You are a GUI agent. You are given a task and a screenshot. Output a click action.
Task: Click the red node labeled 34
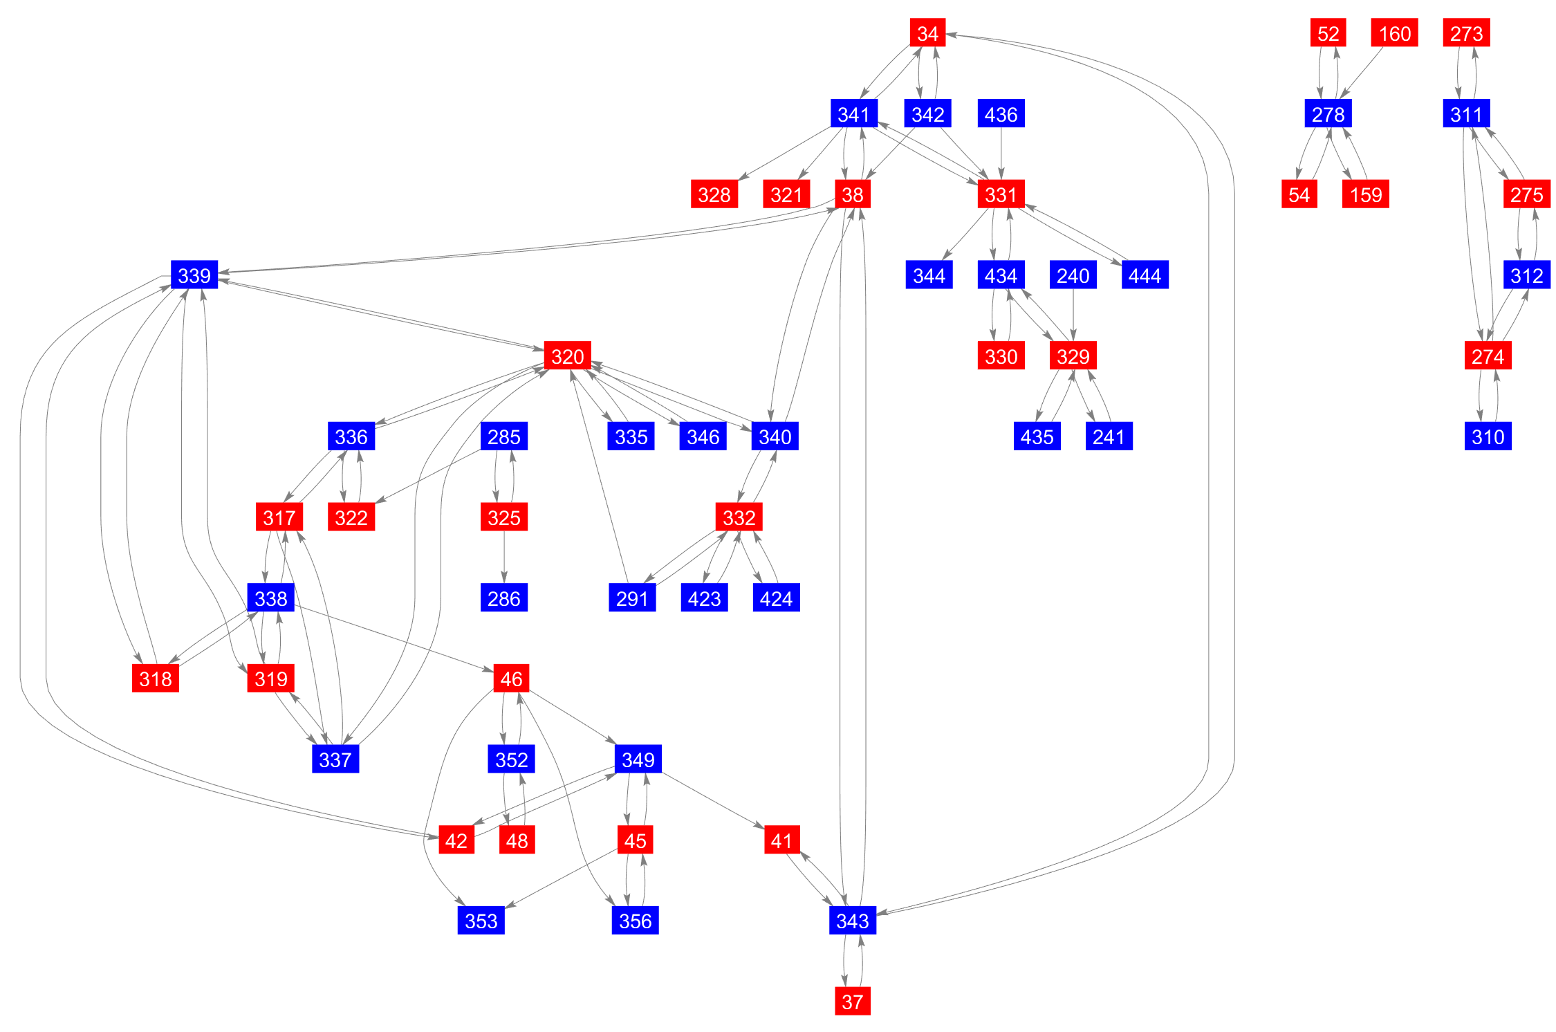pyautogui.click(x=927, y=33)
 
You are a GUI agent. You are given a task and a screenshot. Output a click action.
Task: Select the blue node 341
pyautogui.click(x=853, y=113)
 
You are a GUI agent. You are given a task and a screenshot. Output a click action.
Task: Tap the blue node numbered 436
pyautogui.click(x=1001, y=113)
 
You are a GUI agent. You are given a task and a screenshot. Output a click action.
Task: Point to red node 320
pyautogui.click(x=567, y=356)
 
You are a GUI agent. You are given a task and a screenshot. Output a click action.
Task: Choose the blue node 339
pyautogui.click(x=194, y=275)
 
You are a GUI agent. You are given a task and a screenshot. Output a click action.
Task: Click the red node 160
pyautogui.click(x=1394, y=33)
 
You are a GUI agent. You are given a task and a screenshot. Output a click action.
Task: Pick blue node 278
pyautogui.click(x=1328, y=113)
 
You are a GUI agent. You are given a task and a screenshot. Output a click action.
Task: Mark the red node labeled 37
pyautogui.click(x=852, y=1001)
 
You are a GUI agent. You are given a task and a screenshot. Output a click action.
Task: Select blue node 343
pyautogui.click(x=852, y=920)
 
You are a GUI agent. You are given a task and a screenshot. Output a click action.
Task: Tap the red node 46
pyautogui.click(x=511, y=679)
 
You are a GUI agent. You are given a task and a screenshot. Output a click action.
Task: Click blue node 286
pyautogui.click(x=503, y=598)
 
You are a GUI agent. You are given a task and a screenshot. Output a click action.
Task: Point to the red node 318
pyautogui.click(x=155, y=679)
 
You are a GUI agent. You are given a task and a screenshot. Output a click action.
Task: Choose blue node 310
pyautogui.click(x=1488, y=436)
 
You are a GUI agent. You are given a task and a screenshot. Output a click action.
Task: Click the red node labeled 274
pyautogui.click(x=1488, y=356)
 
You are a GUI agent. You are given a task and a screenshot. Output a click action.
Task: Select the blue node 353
pyautogui.click(x=481, y=920)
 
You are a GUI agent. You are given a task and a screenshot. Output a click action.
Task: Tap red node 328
pyautogui.click(x=714, y=194)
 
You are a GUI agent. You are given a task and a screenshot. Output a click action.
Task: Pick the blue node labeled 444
pyautogui.click(x=1145, y=275)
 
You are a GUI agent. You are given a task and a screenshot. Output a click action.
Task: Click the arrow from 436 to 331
pyautogui.click(x=1001, y=154)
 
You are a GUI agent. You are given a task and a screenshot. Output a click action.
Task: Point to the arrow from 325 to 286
pyautogui.click(x=503, y=557)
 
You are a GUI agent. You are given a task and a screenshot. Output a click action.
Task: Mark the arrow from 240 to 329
pyautogui.click(x=1073, y=315)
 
